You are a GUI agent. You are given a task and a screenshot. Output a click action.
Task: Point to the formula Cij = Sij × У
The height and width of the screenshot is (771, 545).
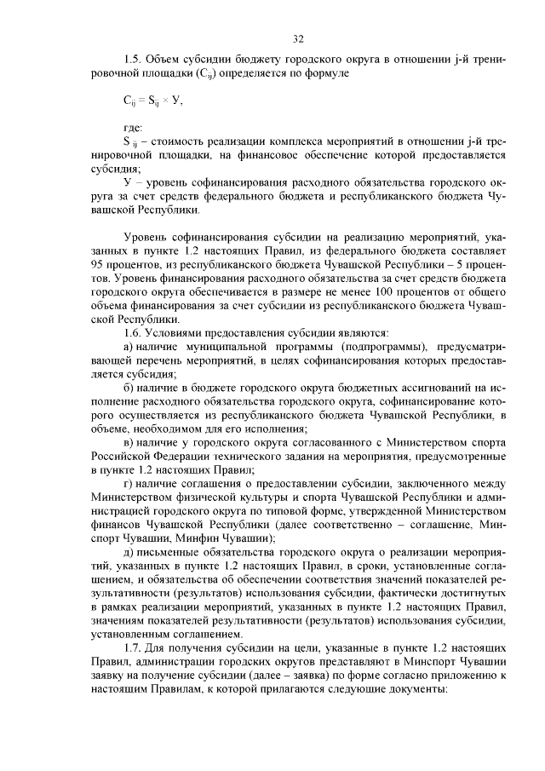pos(152,100)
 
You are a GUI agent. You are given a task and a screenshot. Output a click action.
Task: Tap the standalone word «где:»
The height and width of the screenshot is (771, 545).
pos(133,128)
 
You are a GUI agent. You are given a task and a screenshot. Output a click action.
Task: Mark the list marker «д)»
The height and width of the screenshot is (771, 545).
pos(129,552)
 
